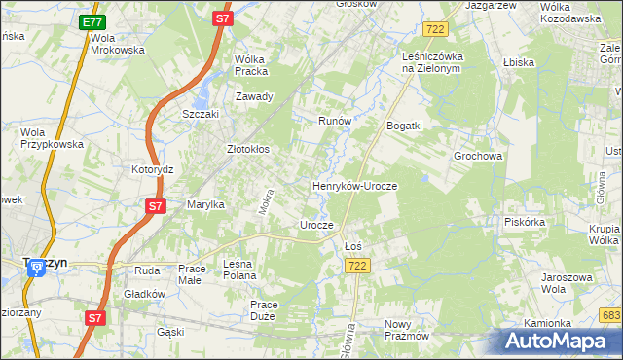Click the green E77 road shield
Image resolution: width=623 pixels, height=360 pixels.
pyautogui.click(x=92, y=21)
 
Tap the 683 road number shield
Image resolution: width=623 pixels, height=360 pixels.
pyautogui.click(x=610, y=315)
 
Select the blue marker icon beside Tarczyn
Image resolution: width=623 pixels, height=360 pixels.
pyautogui.click(x=36, y=270)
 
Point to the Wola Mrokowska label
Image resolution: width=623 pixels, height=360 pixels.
pyautogui.click(x=117, y=44)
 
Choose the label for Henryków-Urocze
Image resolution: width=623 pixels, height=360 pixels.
pyautogui.click(x=355, y=185)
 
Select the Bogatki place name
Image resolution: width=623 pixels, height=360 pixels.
pyautogui.click(x=404, y=126)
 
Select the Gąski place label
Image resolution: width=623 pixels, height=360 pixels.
pyautogui.click(x=170, y=332)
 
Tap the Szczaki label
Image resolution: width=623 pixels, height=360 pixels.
pyautogui.click(x=202, y=113)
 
